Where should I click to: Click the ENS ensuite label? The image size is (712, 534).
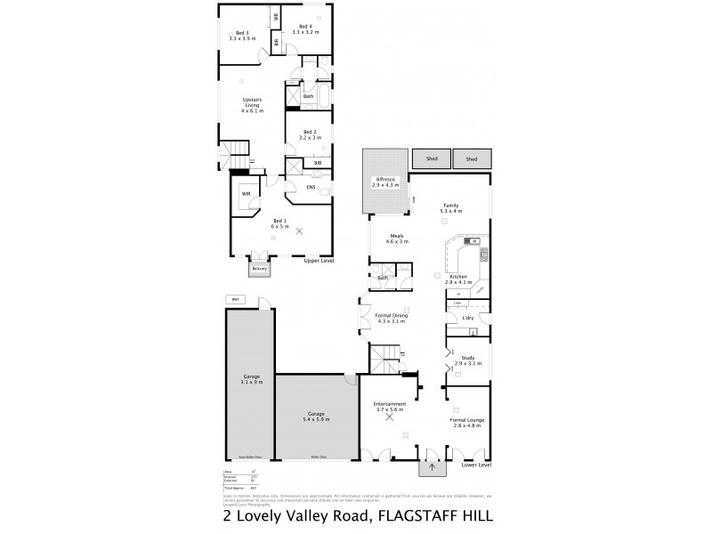point(311,187)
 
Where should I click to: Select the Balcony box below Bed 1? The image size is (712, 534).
point(259,268)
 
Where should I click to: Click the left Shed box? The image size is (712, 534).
point(431,158)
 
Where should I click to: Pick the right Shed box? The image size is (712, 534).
point(472,158)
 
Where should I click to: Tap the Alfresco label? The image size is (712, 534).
point(384,180)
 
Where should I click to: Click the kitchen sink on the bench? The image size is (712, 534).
point(472,241)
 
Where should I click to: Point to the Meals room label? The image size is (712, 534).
point(396,239)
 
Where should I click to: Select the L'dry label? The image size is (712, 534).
point(467,318)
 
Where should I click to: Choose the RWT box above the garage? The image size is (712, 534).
point(236,299)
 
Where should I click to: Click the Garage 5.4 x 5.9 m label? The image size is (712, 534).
point(316,417)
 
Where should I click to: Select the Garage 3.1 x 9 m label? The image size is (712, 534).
point(252,379)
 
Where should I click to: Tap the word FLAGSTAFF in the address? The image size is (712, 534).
point(417,515)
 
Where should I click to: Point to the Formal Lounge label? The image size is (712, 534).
point(466,423)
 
